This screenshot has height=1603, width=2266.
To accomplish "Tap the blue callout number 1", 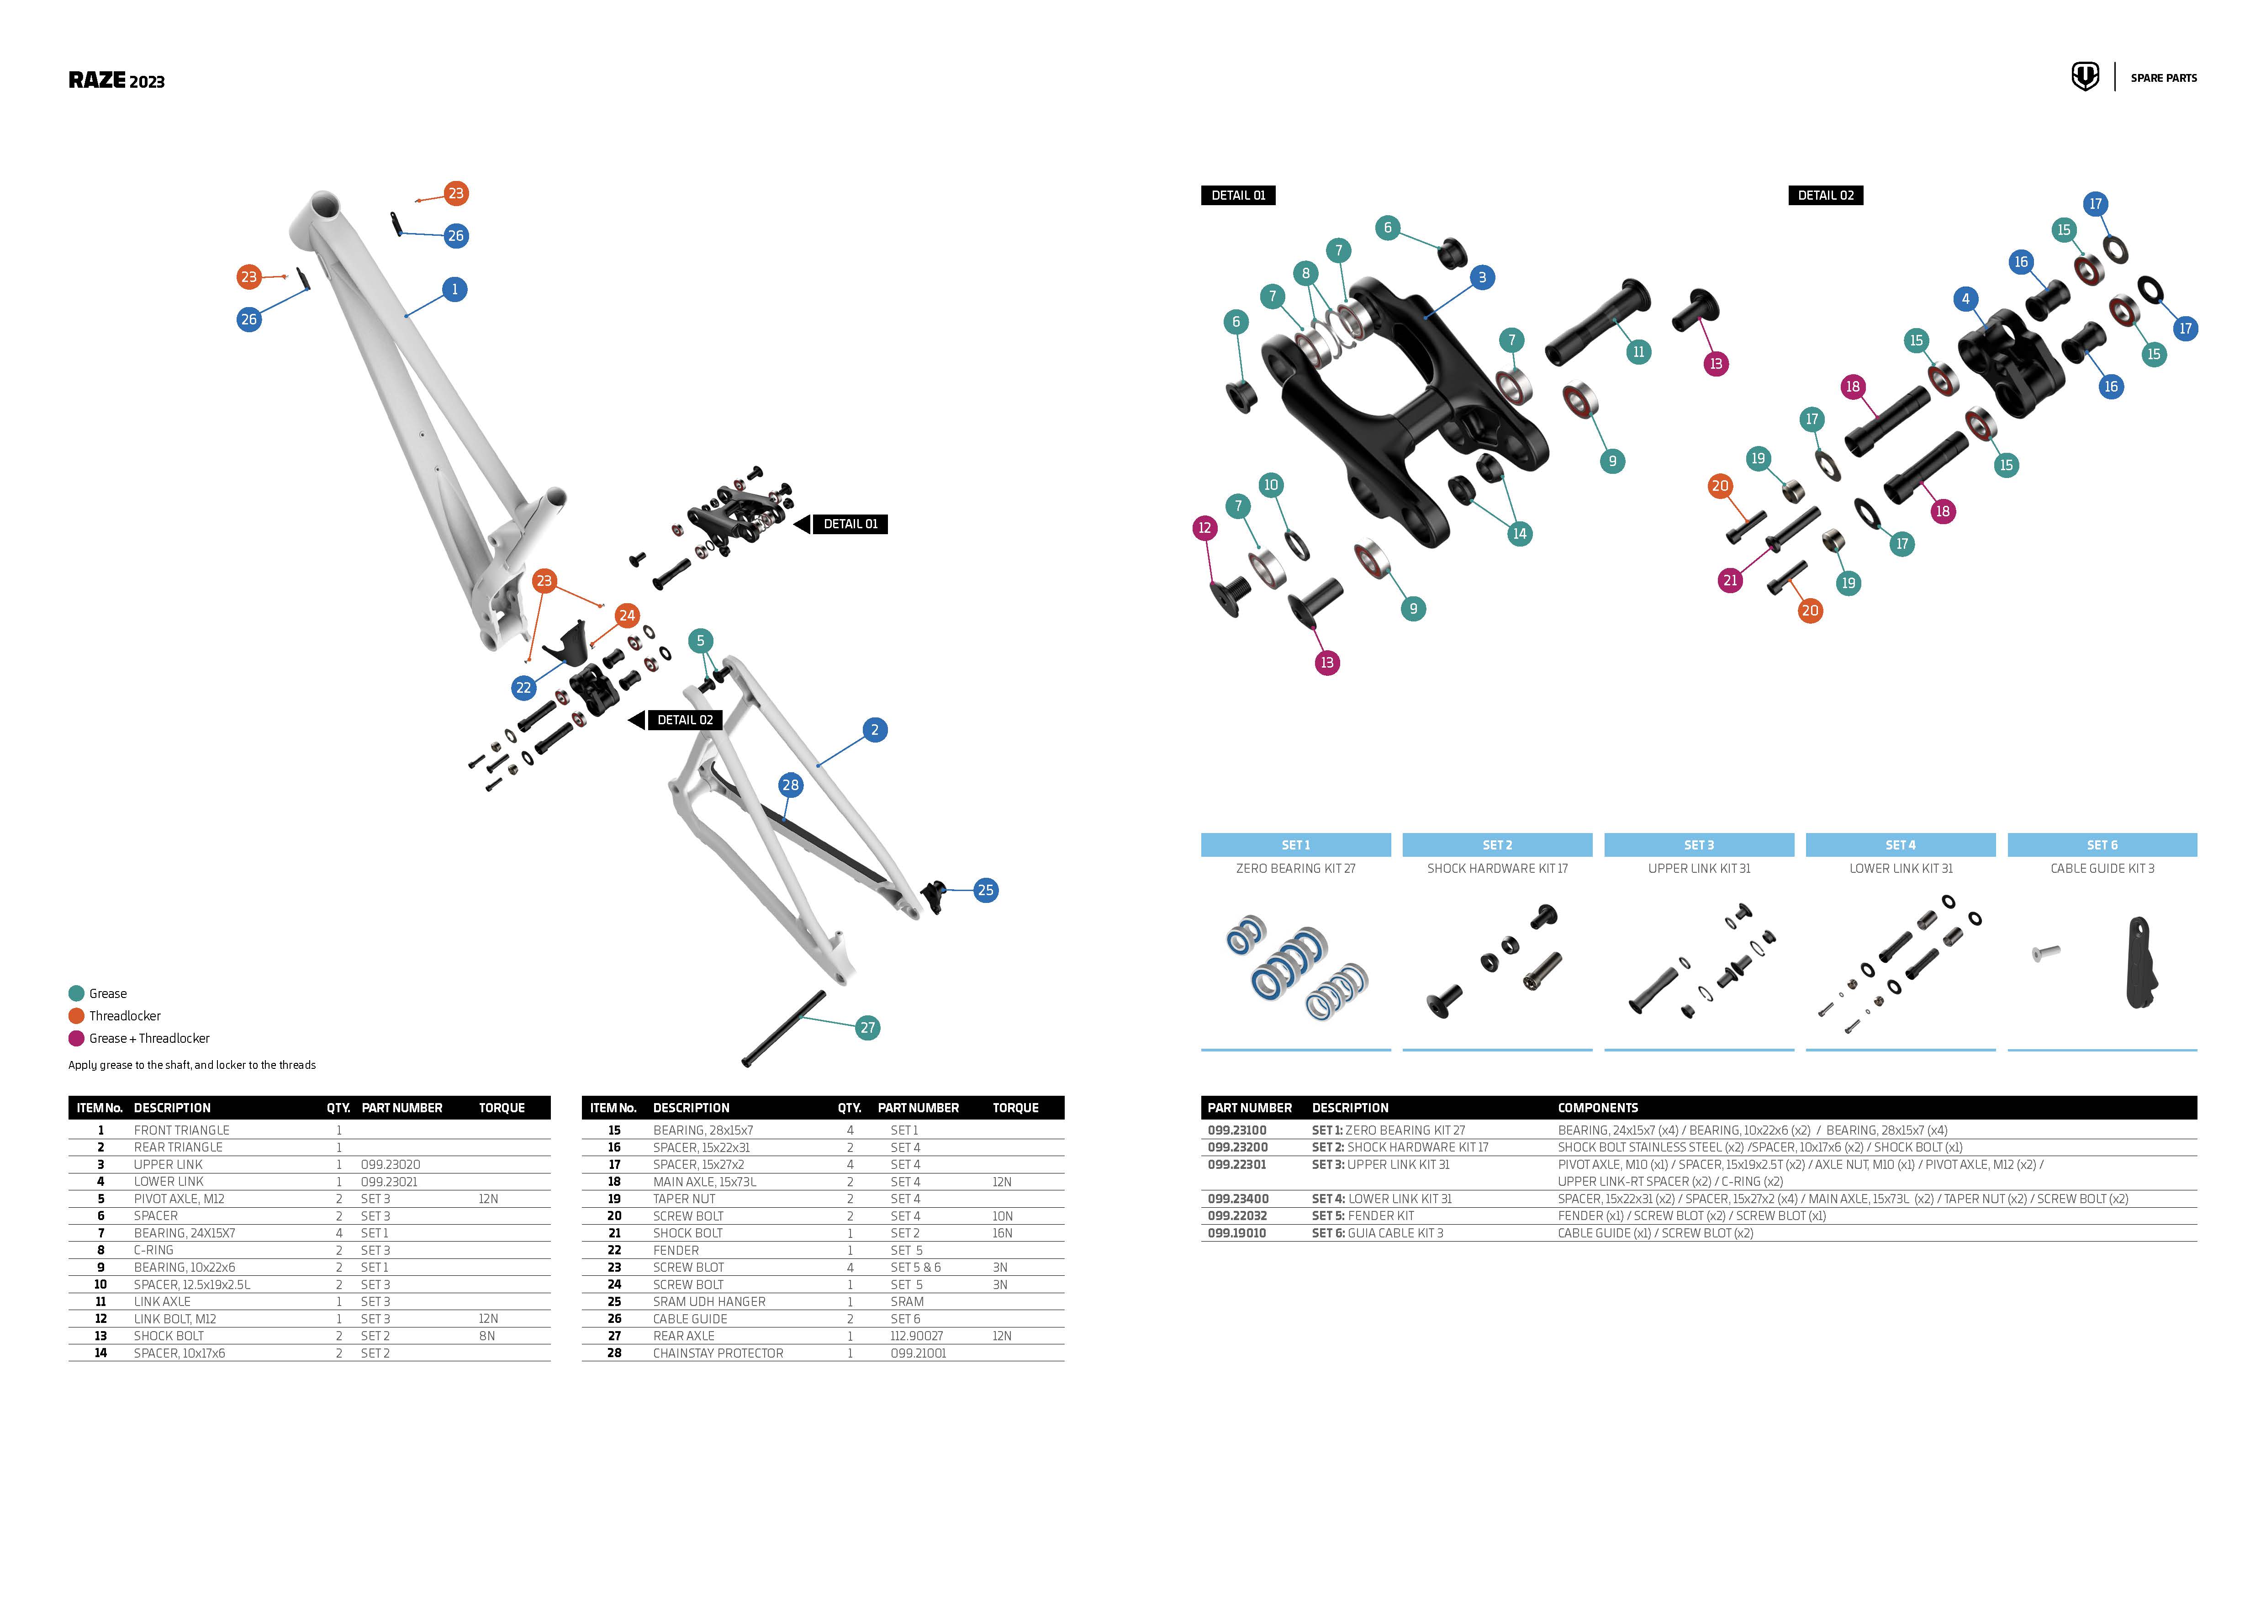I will pyautogui.click(x=454, y=289).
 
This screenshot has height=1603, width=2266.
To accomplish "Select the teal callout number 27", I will pyautogui.click(x=867, y=1028).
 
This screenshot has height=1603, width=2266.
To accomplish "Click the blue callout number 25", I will pyautogui.click(x=985, y=890).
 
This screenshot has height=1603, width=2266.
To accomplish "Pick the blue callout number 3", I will pyautogui.click(x=1481, y=277).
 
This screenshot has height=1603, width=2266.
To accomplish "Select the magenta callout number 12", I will pyautogui.click(x=1204, y=528).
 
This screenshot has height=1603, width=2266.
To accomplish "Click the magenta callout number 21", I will pyautogui.click(x=1730, y=580).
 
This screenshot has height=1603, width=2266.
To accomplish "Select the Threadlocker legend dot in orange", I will pyautogui.click(x=76, y=1016).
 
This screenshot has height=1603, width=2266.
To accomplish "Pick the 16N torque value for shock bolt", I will pyautogui.click(x=1002, y=1233).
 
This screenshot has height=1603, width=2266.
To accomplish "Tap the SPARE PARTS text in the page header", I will pyautogui.click(x=2163, y=78).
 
